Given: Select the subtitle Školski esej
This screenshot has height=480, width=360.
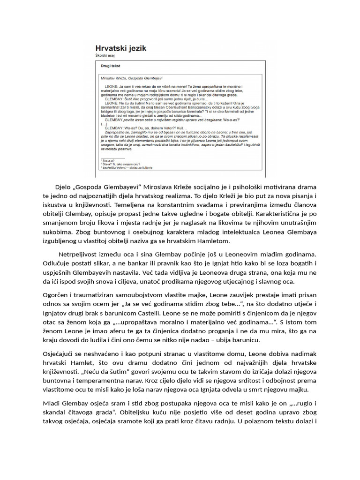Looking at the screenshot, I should tap(106, 55).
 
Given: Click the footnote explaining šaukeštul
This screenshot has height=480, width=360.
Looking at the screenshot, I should tap(127, 167).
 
